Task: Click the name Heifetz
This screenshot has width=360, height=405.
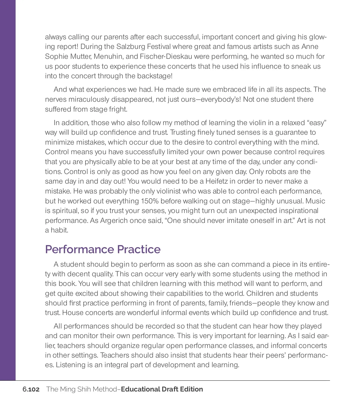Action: (219, 181)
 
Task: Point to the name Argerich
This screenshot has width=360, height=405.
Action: (114, 220)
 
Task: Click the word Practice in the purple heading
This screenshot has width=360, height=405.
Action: (139, 249)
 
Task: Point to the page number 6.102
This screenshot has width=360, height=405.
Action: (31, 389)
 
